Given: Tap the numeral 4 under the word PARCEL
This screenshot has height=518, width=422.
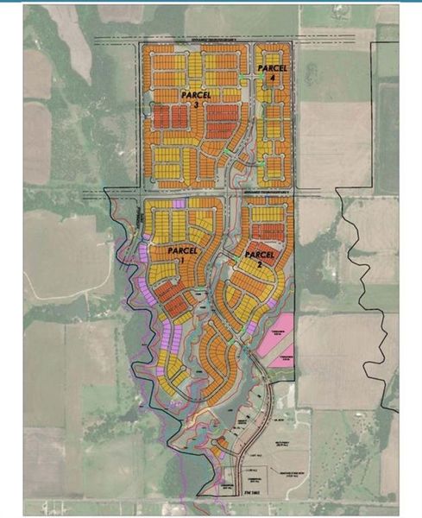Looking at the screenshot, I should click(x=273, y=78).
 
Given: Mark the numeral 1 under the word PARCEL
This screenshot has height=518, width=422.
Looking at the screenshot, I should click(x=181, y=260).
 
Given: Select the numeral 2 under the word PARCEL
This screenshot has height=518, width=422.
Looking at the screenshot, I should click(x=259, y=266).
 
